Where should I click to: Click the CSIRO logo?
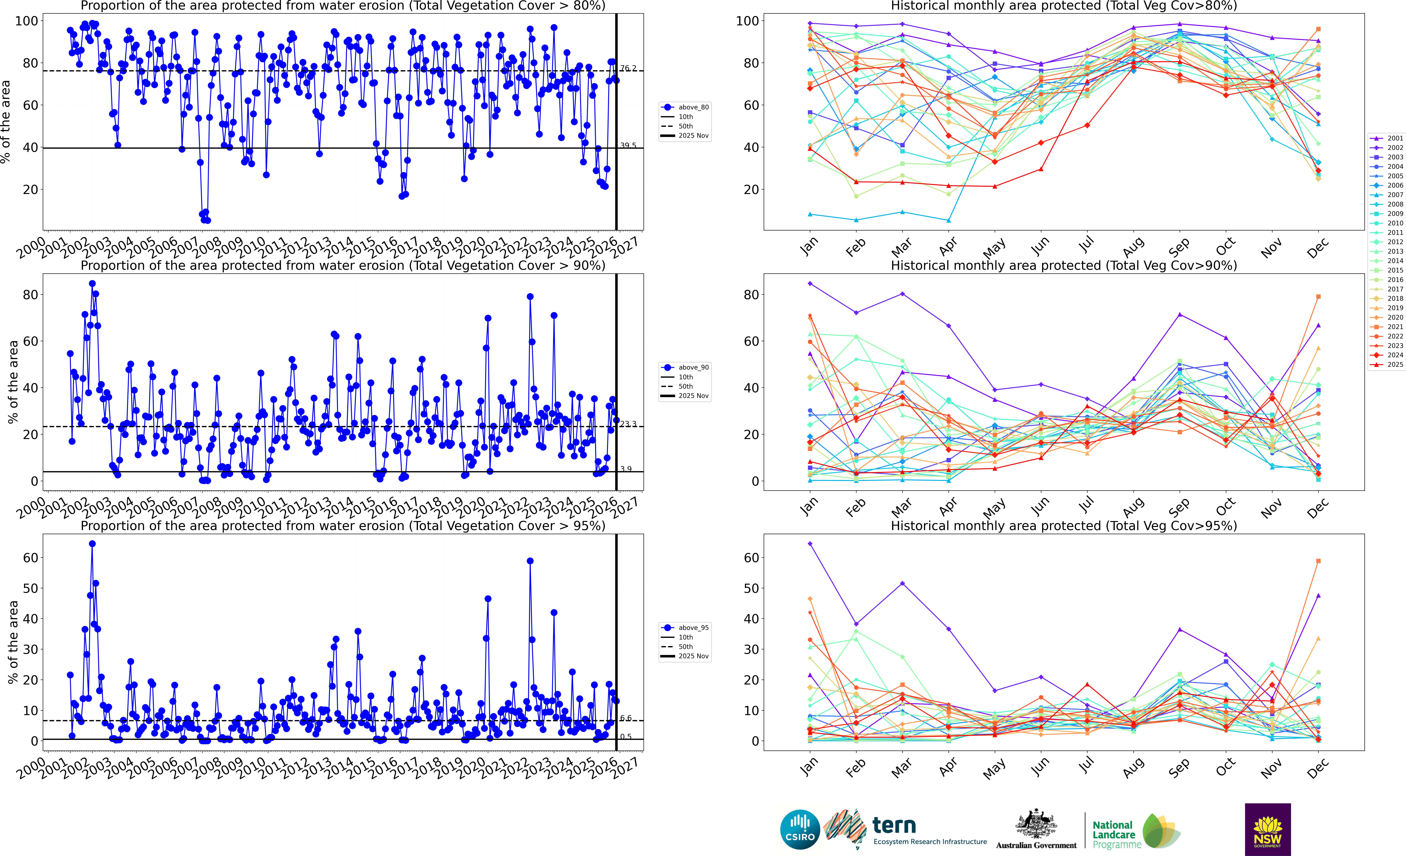(x=800, y=829)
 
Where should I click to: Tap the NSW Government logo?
(x=1267, y=829)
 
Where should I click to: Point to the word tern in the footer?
(x=894, y=825)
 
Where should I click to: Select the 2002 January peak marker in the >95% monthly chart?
(x=810, y=544)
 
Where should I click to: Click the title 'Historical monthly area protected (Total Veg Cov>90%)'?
(x=1064, y=265)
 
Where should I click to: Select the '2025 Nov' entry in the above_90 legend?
(x=693, y=396)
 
